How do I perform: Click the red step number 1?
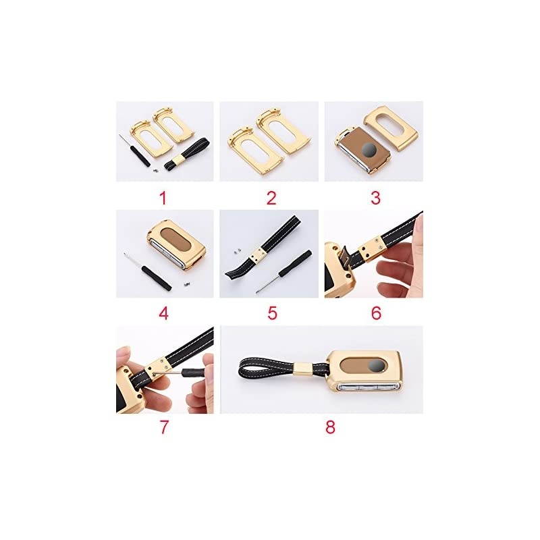click(163, 198)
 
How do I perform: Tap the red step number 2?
click(271, 198)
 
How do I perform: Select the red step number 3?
click(375, 198)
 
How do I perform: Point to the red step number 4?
click(164, 313)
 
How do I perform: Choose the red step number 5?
click(272, 313)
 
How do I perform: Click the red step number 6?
click(376, 313)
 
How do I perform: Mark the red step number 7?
click(164, 427)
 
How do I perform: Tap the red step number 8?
click(330, 427)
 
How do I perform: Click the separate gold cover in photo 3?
click(390, 128)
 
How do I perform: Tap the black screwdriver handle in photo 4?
click(157, 278)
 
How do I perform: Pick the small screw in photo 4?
click(186, 284)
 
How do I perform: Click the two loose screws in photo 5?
click(236, 252)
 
